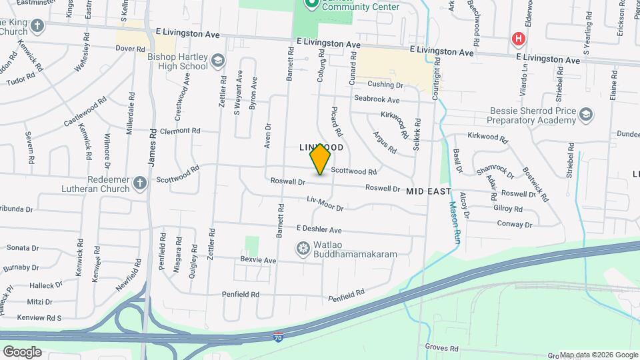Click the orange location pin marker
321,159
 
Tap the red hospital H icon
517,39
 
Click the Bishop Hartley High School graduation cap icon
218,61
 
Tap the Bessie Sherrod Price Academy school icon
585,115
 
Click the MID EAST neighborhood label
429,191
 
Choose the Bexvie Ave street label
258,259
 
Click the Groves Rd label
442,348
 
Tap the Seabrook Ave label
377,99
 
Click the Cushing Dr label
386,85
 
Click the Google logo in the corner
21,351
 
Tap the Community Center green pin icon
311,4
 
